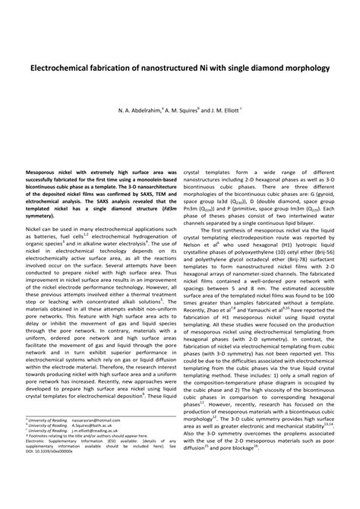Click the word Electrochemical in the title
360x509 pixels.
coord(62,68)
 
